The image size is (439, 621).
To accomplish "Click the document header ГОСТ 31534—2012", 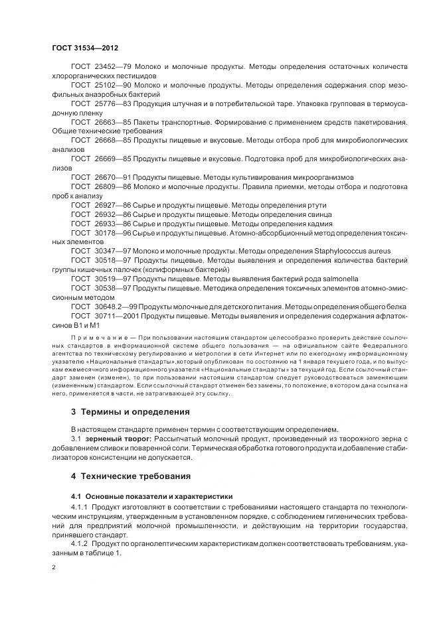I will click(x=84, y=48).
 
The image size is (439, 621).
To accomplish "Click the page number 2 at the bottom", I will click(x=54, y=567).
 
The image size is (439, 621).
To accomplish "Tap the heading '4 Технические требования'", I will click(x=131, y=476).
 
